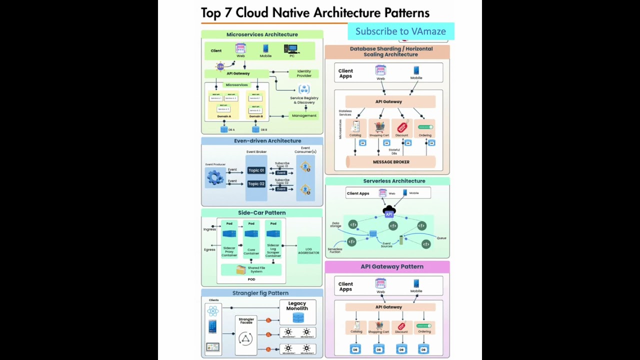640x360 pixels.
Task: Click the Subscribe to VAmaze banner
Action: (x=400, y=31)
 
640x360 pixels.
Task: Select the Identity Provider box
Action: (x=304, y=73)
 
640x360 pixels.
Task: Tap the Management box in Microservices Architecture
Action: (x=304, y=115)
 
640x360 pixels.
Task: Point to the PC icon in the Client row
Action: (x=291, y=49)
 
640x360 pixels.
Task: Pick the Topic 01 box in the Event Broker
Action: (x=256, y=170)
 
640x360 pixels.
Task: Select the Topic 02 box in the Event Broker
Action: (x=256, y=184)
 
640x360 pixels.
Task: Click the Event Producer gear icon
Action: (x=215, y=177)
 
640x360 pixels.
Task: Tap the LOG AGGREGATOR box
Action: (x=308, y=251)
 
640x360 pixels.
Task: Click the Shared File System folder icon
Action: (x=241, y=270)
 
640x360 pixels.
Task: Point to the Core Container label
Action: (x=251, y=251)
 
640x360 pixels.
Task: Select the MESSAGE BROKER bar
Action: (x=391, y=162)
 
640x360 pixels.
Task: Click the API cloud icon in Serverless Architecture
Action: (x=389, y=212)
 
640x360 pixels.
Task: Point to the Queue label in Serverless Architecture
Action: (x=441, y=238)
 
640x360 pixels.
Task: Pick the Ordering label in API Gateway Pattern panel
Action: (x=424, y=331)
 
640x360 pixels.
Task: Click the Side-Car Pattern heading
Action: (x=261, y=213)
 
